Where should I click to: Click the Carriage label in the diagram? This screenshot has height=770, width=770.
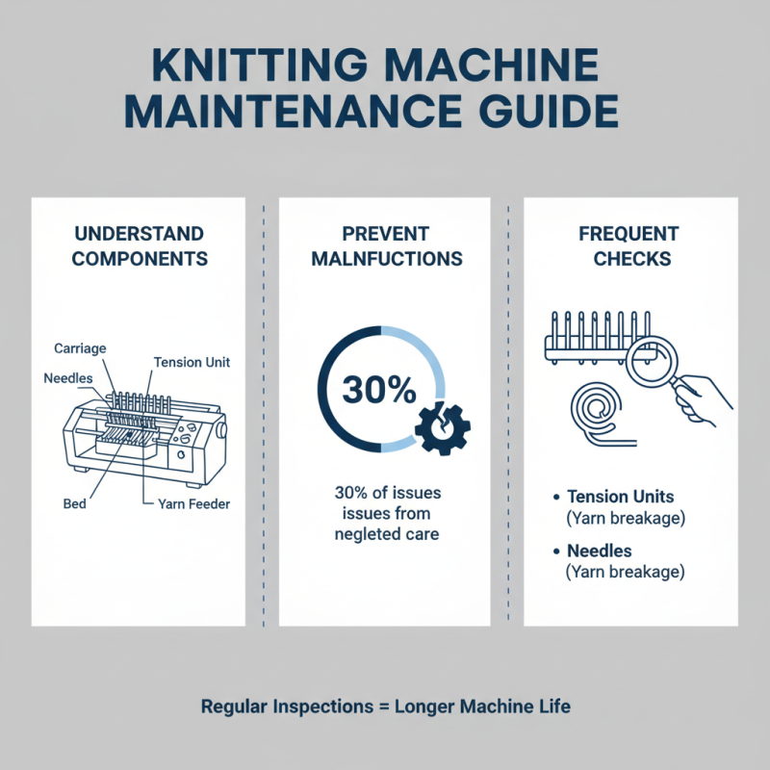coord(80,347)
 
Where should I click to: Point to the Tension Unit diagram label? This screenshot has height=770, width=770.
coord(192,362)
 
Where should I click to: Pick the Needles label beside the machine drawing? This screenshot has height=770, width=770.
coord(68,377)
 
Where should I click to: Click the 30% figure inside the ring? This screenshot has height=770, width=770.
coord(378,390)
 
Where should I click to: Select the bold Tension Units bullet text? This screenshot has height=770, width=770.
coord(620,497)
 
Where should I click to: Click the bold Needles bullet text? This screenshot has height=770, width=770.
coord(599,551)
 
